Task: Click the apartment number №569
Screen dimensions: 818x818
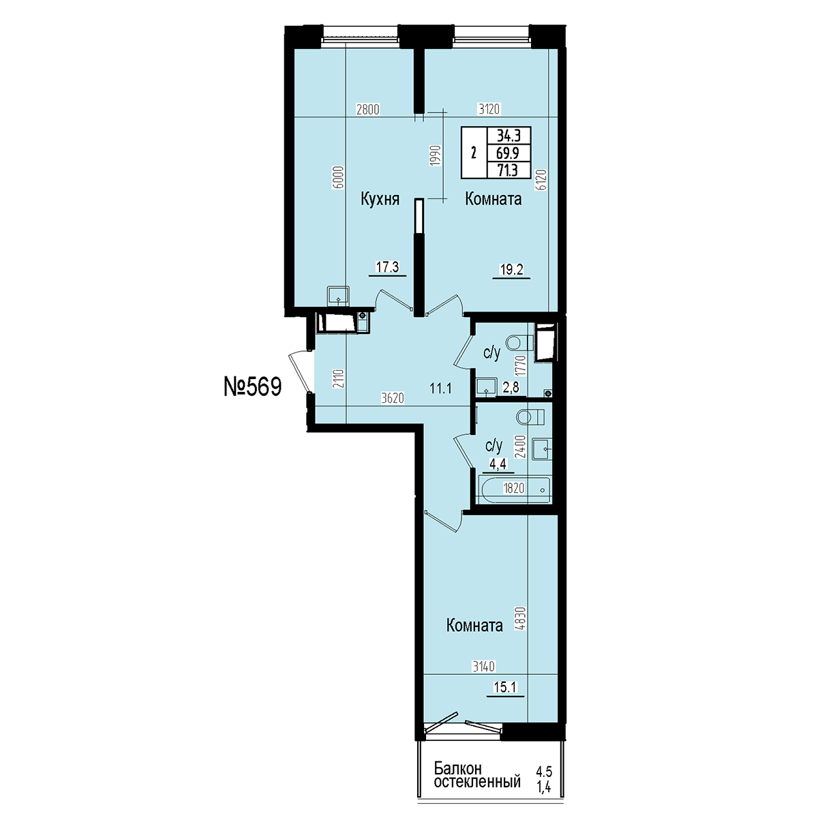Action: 253,387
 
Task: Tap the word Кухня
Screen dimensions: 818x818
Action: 380,199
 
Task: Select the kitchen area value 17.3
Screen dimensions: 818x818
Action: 387,267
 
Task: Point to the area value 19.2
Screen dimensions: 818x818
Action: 511,269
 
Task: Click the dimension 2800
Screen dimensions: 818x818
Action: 367,110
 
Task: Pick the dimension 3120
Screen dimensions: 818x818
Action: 489,109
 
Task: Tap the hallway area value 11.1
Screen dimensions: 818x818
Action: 440,389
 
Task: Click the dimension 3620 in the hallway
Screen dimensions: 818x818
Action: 393,398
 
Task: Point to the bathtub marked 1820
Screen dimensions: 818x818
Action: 515,489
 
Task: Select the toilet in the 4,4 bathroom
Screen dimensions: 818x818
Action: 530,417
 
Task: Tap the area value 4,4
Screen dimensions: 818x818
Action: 498,464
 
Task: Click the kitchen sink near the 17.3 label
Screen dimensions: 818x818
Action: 338,295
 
